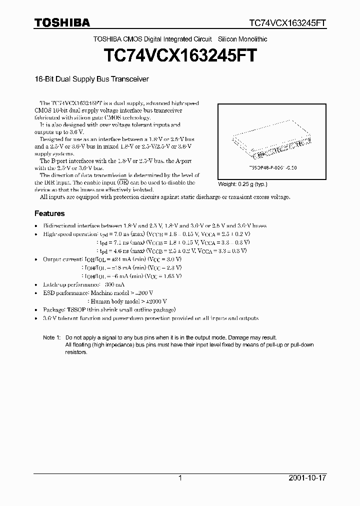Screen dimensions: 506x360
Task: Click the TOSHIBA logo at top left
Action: [x=62, y=23]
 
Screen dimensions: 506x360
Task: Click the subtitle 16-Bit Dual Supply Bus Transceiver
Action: [x=91, y=79]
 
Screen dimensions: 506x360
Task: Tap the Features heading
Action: [x=49, y=213]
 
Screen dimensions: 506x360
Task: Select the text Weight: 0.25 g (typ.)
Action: [x=242, y=184]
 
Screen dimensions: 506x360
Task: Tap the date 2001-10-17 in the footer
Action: [x=307, y=478]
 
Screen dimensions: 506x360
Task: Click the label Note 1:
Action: [x=51, y=338]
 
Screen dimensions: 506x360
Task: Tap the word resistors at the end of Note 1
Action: [x=76, y=352]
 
